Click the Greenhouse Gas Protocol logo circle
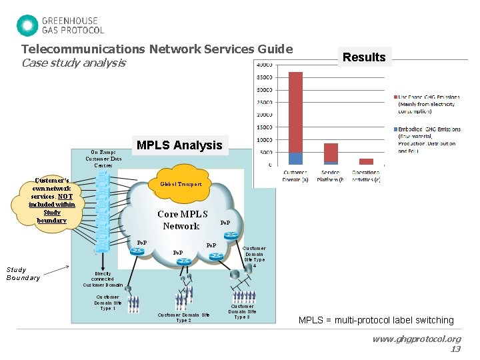[x=27, y=25]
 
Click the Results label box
[x=364, y=57]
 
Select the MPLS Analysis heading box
[x=179, y=145]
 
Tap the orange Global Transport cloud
[x=180, y=185]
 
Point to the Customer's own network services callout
[x=52, y=201]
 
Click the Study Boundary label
[x=23, y=274]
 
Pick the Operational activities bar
[x=366, y=161]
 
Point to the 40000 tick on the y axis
[x=264, y=65]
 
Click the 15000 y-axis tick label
[x=264, y=127]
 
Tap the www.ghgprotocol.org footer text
[x=417, y=339]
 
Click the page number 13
[x=455, y=349]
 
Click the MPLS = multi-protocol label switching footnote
[x=376, y=320]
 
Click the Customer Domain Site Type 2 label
[x=183, y=317]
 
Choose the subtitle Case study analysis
[x=73, y=63]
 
